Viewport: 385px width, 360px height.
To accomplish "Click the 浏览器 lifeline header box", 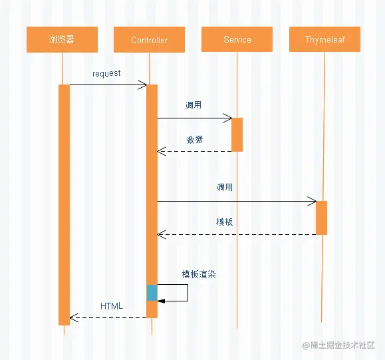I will pyautogui.click(x=62, y=39).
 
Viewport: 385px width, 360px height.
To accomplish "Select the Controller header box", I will pyautogui.click(x=149, y=40).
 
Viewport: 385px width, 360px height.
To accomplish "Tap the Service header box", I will pyautogui.click(x=237, y=39).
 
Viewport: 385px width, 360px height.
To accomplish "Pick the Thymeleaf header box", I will pyautogui.click(x=324, y=39).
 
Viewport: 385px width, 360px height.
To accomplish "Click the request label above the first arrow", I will pyautogui.click(x=106, y=73).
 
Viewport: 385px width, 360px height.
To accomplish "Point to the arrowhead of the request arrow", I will pyautogui.click(x=143, y=85).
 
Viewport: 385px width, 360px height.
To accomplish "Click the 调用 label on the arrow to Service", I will pyautogui.click(x=193, y=105).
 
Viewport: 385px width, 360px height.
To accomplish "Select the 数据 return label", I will pyautogui.click(x=195, y=140).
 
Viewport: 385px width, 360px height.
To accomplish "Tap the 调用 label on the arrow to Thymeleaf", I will pyautogui.click(x=225, y=188).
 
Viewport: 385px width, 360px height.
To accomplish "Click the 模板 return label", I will pyautogui.click(x=225, y=222).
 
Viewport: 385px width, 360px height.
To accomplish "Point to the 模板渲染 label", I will pyautogui.click(x=199, y=274).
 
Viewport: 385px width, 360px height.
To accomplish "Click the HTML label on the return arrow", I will pyautogui.click(x=112, y=306).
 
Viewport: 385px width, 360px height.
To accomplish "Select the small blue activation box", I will pyautogui.click(x=152, y=293).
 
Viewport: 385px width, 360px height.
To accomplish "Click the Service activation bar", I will pyautogui.click(x=237, y=134).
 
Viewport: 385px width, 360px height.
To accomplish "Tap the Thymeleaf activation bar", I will pyautogui.click(x=321, y=218).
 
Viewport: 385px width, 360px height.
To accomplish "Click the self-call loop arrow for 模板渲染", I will pyautogui.click(x=187, y=293).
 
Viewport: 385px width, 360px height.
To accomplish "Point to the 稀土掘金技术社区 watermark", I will pyautogui.click(x=338, y=345).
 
